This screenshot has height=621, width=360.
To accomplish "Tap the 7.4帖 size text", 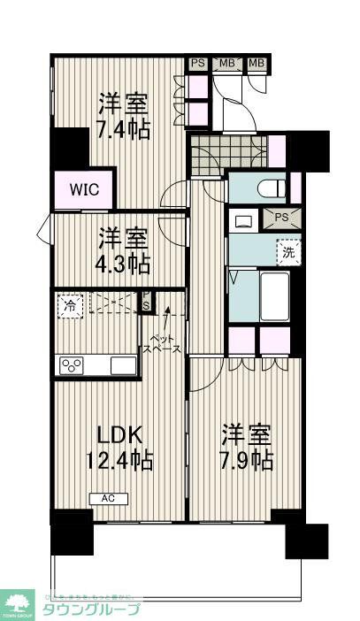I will pos(124,129).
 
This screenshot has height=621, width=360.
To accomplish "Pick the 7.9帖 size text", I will pos(247,461).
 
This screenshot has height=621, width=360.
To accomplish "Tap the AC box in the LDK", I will pos(108,499).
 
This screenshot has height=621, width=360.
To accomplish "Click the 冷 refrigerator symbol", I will pos(68,306).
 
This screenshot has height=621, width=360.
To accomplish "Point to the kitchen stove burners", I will pos(71,364).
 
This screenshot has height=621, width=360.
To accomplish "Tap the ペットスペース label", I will pos(164,343).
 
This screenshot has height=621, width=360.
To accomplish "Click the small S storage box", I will pos(147,305).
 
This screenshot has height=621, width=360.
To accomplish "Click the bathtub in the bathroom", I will pos(273,297).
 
